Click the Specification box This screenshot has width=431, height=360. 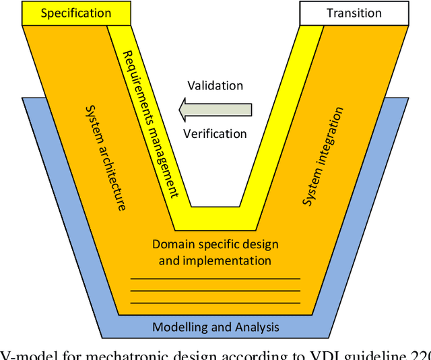[x=75, y=13]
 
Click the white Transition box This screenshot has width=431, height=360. [x=354, y=13]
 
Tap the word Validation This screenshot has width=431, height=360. [x=215, y=85]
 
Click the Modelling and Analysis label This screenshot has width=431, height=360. [x=215, y=328]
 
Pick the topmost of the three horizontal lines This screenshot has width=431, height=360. [x=215, y=279]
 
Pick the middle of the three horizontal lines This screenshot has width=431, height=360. [x=215, y=291]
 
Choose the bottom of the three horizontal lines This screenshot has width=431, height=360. [x=215, y=303]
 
